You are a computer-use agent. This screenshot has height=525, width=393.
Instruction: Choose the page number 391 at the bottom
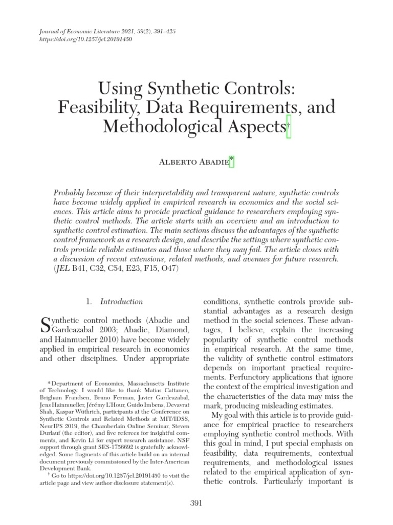click(x=196, y=503)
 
